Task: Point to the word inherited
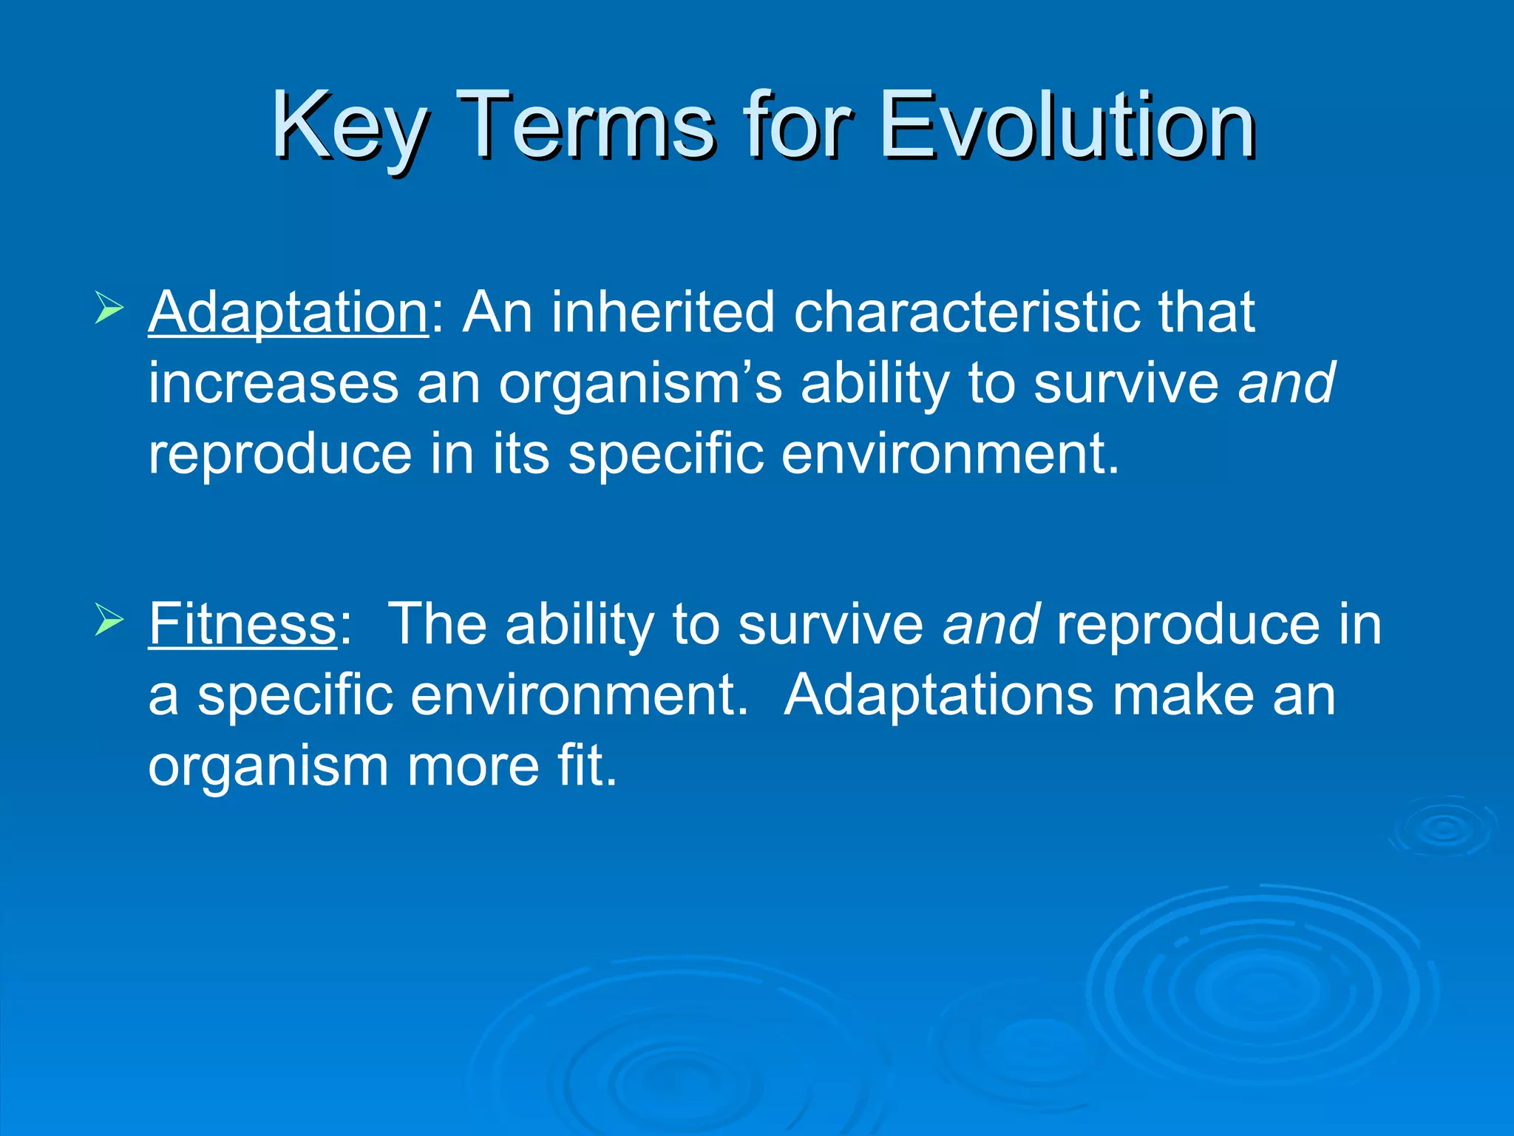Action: click(662, 312)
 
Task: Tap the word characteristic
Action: click(967, 312)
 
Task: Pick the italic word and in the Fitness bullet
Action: click(991, 624)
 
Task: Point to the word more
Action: click(472, 767)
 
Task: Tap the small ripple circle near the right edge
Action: click(1442, 828)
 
